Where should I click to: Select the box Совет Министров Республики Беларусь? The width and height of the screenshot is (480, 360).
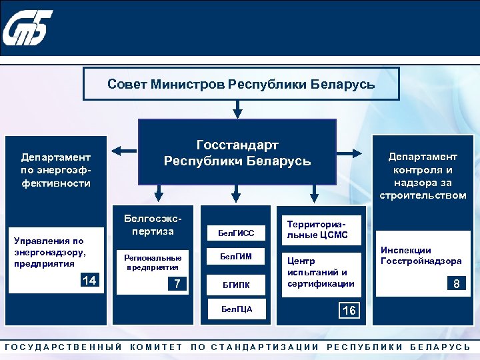(x=241, y=85)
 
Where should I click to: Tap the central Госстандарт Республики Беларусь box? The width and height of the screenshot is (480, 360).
(x=237, y=153)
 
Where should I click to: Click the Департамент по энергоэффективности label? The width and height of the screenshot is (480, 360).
(x=55, y=169)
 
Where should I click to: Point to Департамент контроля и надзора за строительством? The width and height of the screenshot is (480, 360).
(x=423, y=175)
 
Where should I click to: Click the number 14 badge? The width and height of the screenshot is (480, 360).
(x=89, y=280)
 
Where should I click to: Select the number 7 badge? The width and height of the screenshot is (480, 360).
(x=177, y=283)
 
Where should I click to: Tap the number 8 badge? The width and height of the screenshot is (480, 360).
(x=456, y=284)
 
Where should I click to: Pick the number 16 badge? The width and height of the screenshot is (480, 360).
(x=348, y=311)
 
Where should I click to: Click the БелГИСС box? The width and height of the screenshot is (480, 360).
(x=237, y=233)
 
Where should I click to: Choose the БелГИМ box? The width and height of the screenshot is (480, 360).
(x=237, y=257)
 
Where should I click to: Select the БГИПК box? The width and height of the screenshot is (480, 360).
(x=237, y=285)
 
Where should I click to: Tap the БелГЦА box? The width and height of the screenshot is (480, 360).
(x=237, y=309)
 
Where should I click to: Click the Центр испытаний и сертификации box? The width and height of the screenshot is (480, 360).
(x=317, y=272)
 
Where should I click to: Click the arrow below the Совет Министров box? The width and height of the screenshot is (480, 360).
(x=237, y=108)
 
